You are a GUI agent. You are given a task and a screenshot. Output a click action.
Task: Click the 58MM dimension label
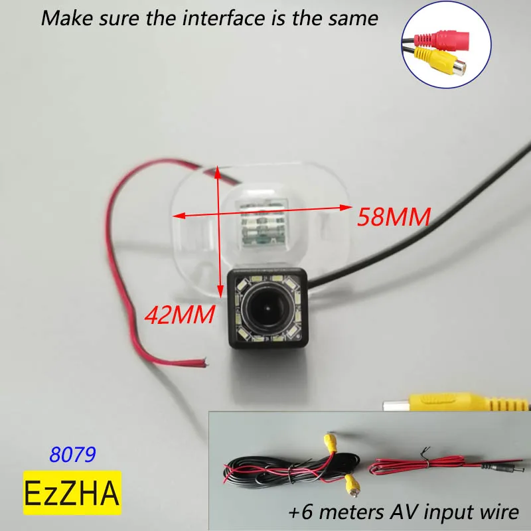[394, 216]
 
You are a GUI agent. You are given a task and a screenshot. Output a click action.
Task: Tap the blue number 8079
[73, 454]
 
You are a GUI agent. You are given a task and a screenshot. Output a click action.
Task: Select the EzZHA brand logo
[72, 492]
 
